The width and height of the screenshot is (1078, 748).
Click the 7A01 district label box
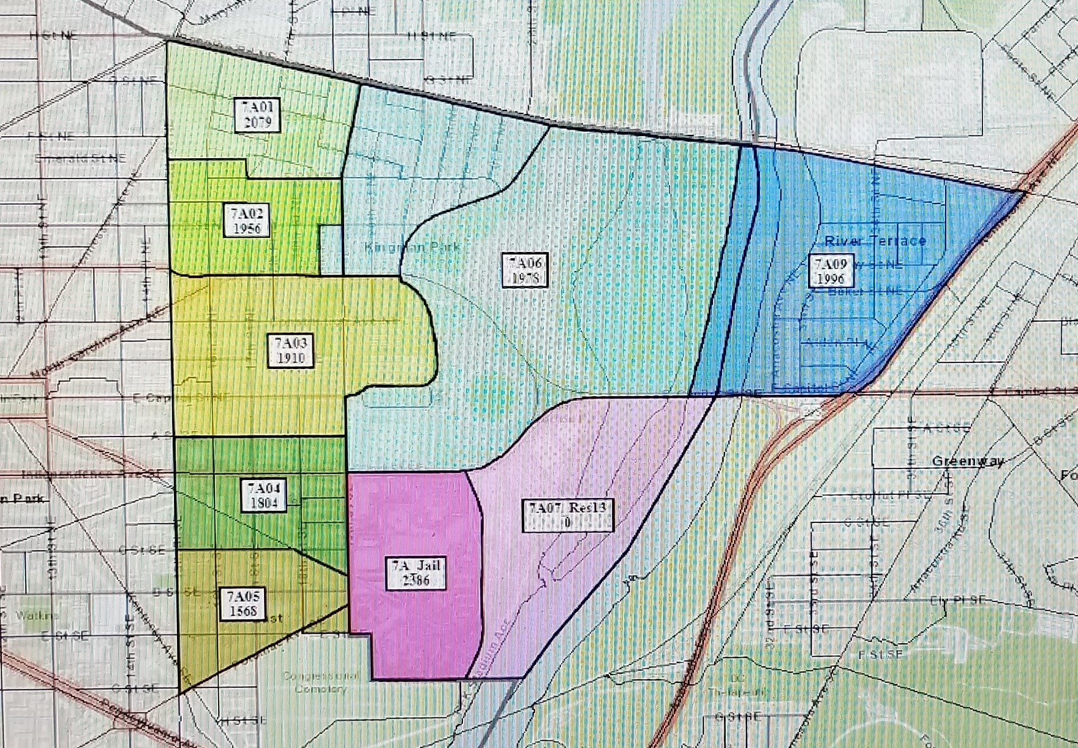click(x=258, y=115)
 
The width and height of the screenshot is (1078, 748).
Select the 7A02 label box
click(x=247, y=221)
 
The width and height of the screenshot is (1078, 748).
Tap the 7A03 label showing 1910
click(x=291, y=350)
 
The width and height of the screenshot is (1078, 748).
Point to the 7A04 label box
click(x=264, y=495)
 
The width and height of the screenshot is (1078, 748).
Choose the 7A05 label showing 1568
click(x=243, y=603)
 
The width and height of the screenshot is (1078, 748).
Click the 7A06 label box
click(x=525, y=270)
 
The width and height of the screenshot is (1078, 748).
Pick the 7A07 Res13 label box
click(x=568, y=514)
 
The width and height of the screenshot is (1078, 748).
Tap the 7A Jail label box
click(x=417, y=573)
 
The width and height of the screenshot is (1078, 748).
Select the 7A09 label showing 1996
click(x=831, y=271)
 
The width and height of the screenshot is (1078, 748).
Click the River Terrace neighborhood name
click(x=875, y=241)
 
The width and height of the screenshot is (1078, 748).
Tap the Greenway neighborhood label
click(x=967, y=461)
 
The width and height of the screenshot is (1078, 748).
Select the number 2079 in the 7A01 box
click(x=258, y=122)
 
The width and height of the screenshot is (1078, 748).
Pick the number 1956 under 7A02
click(x=247, y=229)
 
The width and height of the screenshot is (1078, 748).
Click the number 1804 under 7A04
click(x=264, y=503)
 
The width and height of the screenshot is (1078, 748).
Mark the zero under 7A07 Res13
click(x=567, y=522)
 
